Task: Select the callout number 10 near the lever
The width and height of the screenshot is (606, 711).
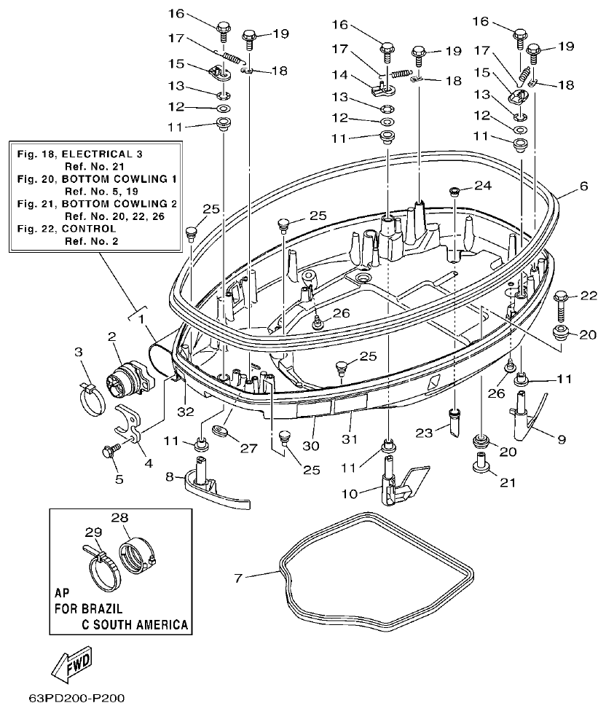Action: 349,494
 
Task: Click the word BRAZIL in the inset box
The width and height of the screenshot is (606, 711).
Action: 99,608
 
